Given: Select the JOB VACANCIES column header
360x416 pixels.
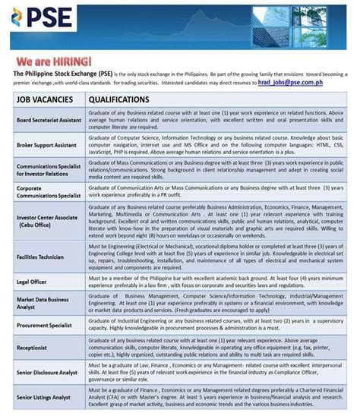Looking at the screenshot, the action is [45, 100].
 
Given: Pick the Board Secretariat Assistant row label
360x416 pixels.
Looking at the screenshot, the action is [49, 121].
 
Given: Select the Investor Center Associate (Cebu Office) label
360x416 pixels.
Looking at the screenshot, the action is [48, 221].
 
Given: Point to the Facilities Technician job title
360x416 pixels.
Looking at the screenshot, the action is [41, 257].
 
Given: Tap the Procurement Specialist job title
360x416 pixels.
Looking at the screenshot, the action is [43, 328].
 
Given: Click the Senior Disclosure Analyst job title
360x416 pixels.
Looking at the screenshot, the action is [46, 373].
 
